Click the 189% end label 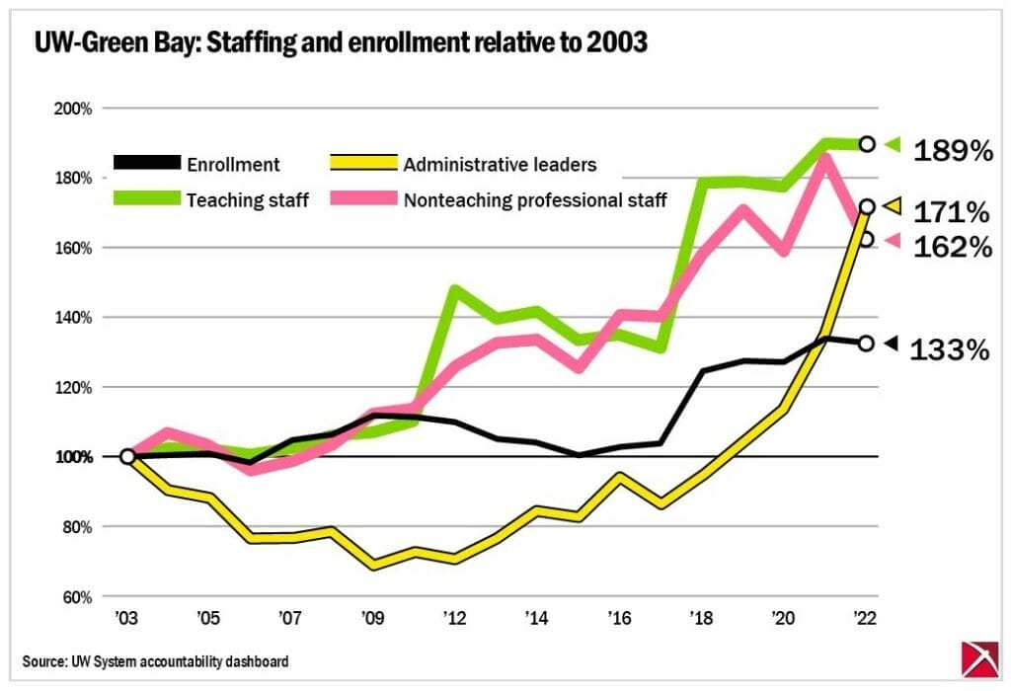pos(952,151)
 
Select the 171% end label pos(952,212)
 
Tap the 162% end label pos(952,247)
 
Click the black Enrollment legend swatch pos(147,164)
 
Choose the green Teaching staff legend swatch pos(147,199)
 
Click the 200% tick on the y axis pos(73,108)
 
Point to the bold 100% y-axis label pos(73,457)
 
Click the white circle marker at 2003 pos(127,456)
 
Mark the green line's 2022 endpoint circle pos(867,144)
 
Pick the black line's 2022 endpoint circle pos(867,343)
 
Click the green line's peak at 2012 pos(454,289)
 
